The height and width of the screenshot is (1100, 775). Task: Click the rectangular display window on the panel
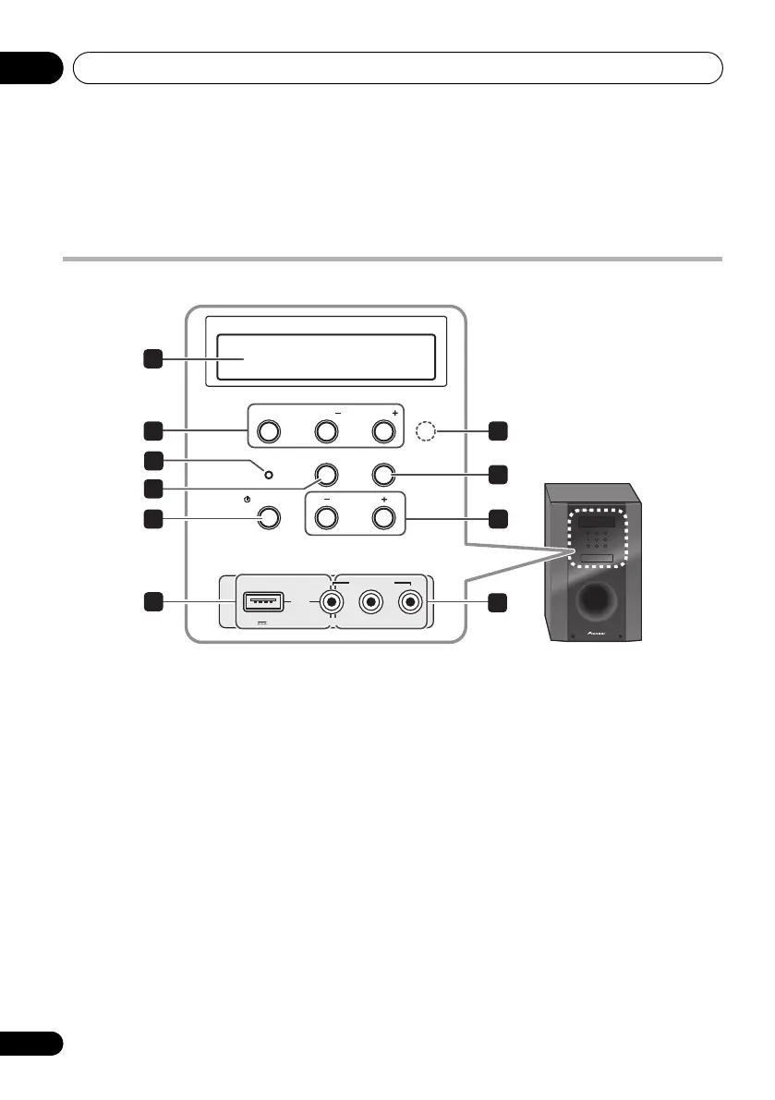pyautogui.click(x=325, y=357)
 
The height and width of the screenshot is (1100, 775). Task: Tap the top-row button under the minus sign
pyautogui.click(x=325, y=430)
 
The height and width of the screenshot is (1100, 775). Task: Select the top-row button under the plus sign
pyautogui.click(x=383, y=430)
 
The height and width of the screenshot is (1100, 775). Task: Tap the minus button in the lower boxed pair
pyautogui.click(x=325, y=517)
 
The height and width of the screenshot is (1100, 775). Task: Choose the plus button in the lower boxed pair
pyautogui.click(x=383, y=517)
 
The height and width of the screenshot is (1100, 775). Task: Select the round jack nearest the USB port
pyautogui.click(x=328, y=603)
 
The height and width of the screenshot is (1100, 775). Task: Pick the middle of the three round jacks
pyautogui.click(x=370, y=603)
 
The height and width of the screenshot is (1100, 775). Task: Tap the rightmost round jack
pyautogui.click(x=409, y=603)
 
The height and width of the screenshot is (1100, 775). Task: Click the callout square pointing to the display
pyautogui.click(x=153, y=358)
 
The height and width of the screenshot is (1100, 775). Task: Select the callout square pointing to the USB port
pyautogui.click(x=153, y=603)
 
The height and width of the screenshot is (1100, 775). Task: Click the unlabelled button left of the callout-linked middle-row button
pyautogui.click(x=325, y=474)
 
